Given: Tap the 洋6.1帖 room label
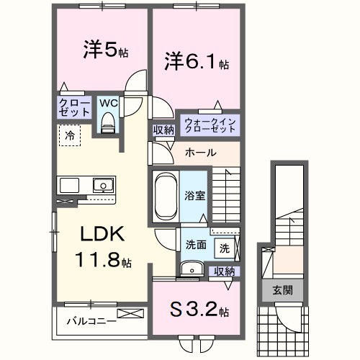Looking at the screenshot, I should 194,62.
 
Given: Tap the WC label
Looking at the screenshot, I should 108,103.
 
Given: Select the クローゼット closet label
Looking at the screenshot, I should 74,109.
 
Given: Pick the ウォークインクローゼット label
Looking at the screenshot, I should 210,124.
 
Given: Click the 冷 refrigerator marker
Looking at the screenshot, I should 70,135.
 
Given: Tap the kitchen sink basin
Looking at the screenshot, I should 102,185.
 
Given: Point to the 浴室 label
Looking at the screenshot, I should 194,194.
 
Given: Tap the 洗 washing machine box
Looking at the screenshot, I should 224,248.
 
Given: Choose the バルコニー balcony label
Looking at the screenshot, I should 91,320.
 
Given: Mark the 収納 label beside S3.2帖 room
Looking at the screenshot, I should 224,271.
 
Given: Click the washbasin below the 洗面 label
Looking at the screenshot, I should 190,269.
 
